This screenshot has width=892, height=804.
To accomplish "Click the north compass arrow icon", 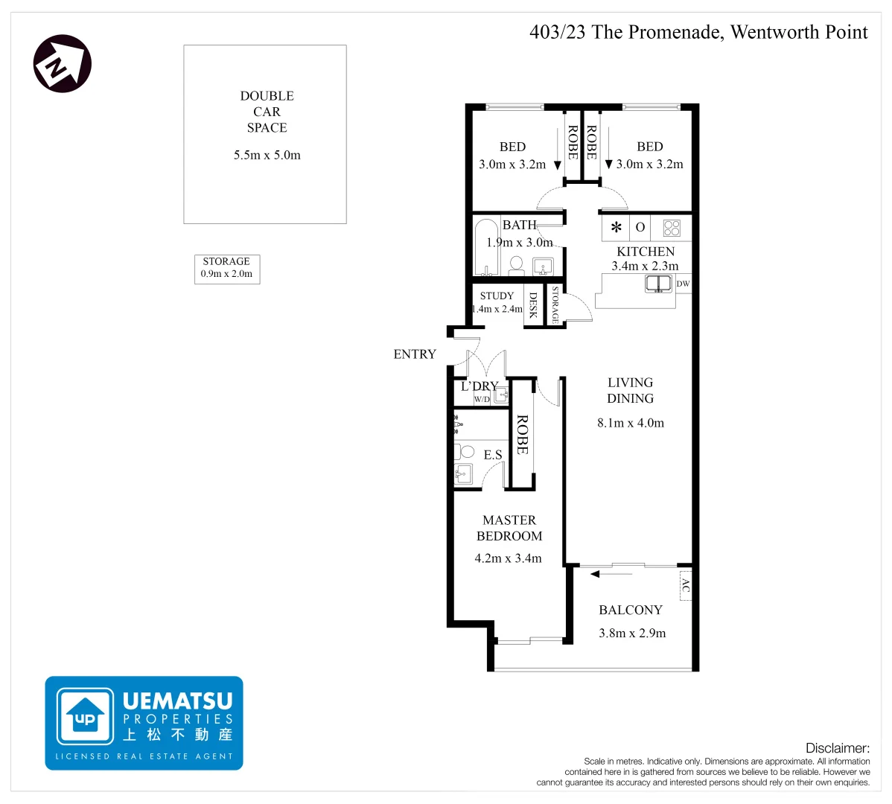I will [63, 63].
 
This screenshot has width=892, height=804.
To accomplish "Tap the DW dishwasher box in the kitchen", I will [683, 284].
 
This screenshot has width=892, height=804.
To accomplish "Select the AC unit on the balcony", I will [685, 586].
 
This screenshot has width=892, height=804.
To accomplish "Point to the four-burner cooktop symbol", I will [672, 227].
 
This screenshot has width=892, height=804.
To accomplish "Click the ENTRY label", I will [415, 354].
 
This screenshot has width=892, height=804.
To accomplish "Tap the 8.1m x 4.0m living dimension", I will [630, 423].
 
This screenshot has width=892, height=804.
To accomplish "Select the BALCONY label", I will [630, 610].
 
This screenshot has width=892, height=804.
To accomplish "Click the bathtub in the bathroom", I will [487, 247].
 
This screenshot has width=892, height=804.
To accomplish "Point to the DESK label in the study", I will [533, 305].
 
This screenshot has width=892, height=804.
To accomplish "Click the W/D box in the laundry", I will [482, 400].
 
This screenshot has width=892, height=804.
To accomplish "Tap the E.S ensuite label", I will [493, 455].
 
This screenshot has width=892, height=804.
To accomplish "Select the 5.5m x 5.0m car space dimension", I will [267, 155].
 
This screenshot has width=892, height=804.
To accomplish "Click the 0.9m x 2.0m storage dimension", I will [226, 274].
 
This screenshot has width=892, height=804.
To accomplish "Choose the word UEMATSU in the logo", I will [177, 701].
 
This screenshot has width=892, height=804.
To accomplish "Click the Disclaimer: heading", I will [837, 748].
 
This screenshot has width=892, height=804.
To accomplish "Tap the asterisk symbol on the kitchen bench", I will [616, 228].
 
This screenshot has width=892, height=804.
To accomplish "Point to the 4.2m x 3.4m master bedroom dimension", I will [508, 558].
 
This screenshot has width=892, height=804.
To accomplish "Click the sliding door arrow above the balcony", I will [611, 574].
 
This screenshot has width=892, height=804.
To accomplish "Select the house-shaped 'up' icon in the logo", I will [86, 715].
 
